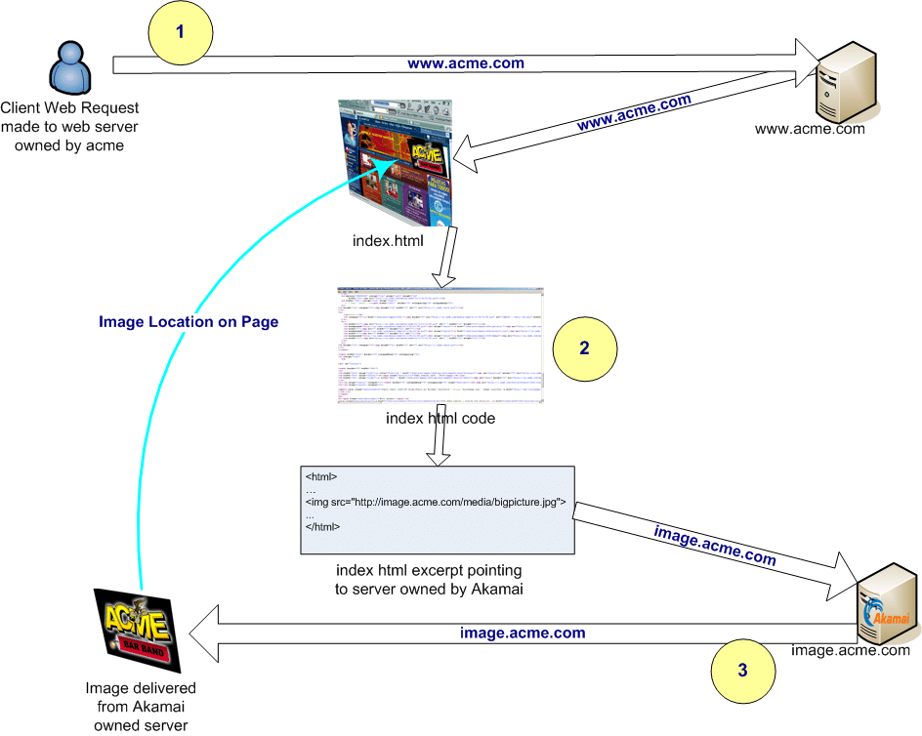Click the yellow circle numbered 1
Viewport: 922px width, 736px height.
180,32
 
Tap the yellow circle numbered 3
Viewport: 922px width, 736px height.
743,671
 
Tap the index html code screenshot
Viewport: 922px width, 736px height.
440,346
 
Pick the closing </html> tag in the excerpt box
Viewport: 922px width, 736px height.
322,527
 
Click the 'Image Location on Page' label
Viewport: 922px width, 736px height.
189,322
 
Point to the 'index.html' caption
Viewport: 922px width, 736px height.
388,240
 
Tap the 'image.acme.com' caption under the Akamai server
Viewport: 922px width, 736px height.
850,650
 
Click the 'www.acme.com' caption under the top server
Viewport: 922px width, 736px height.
810,128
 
